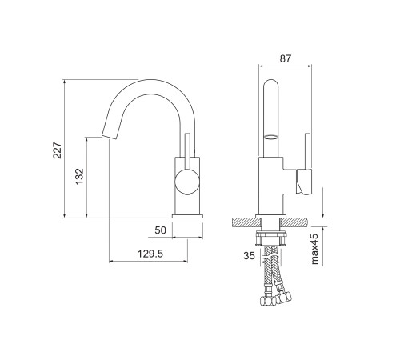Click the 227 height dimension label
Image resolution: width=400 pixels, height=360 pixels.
(58, 150)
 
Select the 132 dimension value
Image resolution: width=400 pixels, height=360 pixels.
(79, 176)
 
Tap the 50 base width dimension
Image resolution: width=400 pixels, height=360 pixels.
(160, 230)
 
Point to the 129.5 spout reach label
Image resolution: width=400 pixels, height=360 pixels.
(150, 254)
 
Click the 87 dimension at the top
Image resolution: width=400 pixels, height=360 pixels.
(286, 58)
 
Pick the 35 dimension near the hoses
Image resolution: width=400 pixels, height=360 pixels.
(250, 255)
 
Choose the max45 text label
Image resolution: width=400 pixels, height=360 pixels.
(315, 249)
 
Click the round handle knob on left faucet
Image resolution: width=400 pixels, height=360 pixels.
(187, 182)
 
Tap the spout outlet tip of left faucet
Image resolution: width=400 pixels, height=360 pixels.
(110, 135)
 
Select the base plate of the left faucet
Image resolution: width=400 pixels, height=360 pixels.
(187, 216)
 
